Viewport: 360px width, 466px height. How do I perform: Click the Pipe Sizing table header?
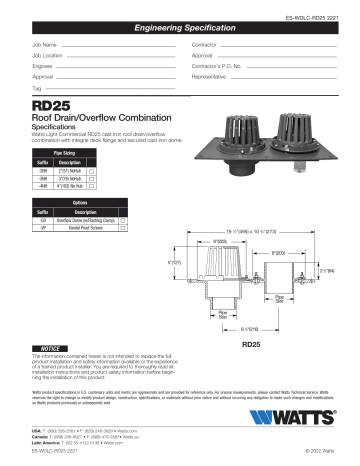point(64,154)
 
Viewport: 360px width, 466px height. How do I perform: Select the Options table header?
point(79,201)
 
